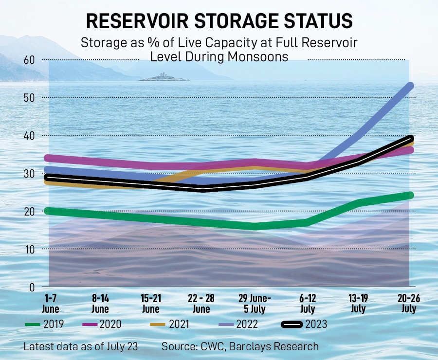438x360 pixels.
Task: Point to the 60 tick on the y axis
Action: (29, 60)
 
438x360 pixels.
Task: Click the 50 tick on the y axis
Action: (29, 98)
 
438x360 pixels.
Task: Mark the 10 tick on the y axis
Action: (29, 249)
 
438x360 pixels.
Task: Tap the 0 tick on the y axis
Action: (32, 287)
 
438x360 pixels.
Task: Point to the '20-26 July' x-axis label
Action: (408, 303)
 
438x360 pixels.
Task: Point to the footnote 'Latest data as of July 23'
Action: (81, 346)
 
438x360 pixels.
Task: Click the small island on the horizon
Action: (163, 77)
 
